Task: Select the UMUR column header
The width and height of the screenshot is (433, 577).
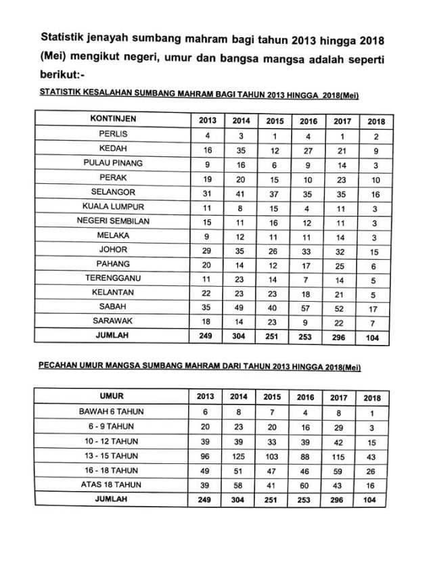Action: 113,396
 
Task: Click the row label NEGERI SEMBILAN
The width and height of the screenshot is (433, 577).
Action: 113,221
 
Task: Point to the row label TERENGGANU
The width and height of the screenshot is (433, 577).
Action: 113,277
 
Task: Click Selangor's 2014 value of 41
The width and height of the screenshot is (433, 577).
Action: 240,192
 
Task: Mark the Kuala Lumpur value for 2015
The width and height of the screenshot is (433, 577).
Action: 274,206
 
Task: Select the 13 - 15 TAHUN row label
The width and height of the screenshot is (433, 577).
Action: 113,455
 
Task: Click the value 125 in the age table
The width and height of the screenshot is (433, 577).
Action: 239,455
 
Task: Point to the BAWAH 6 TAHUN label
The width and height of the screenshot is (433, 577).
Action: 113,411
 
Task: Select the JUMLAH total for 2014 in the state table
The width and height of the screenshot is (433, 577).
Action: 240,336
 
